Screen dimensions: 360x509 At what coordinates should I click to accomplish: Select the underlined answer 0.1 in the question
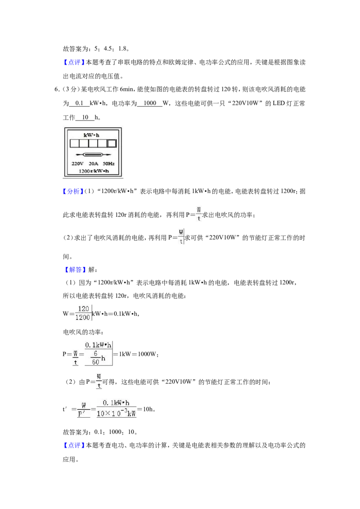tap(79, 103)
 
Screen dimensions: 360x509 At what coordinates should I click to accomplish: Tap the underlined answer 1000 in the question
tap(150, 103)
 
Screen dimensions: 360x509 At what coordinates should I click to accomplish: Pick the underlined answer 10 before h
tap(85, 117)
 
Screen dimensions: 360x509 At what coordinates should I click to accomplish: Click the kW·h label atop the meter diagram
tap(92, 135)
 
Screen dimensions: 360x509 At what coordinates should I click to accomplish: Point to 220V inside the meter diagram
tap(78, 164)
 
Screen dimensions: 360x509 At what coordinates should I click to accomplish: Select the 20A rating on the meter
tap(94, 164)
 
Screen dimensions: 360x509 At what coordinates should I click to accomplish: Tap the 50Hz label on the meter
tap(109, 164)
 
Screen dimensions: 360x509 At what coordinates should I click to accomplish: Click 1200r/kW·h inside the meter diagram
tap(94, 171)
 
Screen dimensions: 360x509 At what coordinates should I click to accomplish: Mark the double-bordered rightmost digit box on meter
tap(112, 143)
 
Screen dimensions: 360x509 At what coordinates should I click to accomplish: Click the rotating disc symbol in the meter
tap(93, 155)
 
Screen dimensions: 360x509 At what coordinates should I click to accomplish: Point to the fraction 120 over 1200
tap(83, 313)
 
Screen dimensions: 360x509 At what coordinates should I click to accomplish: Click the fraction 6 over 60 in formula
tap(95, 358)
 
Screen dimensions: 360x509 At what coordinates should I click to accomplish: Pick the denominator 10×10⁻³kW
tap(116, 414)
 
